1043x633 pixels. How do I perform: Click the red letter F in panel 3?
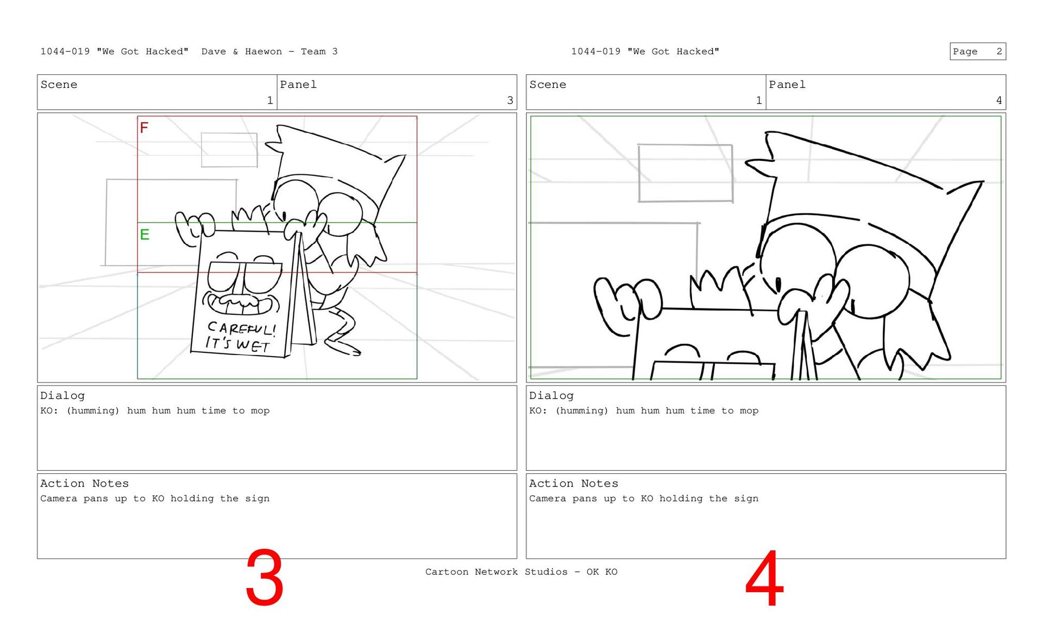point(144,128)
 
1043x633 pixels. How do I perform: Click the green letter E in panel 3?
point(144,235)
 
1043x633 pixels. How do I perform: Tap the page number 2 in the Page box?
point(999,52)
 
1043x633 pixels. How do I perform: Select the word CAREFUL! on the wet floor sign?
point(242,328)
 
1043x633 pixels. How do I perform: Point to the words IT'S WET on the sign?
point(237,344)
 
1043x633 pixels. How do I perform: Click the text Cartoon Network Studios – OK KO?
point(521,572)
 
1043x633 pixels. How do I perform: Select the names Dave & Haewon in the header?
point(242,52)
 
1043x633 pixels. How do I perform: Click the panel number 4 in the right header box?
point(998,100)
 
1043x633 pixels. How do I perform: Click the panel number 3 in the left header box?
point(510,100)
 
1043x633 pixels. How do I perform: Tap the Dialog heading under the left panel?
point(62,396)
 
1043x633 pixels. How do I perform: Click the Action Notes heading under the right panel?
point(574,484)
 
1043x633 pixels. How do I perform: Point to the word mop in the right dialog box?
point(749,411)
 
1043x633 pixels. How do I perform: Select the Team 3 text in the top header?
point(319,52)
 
